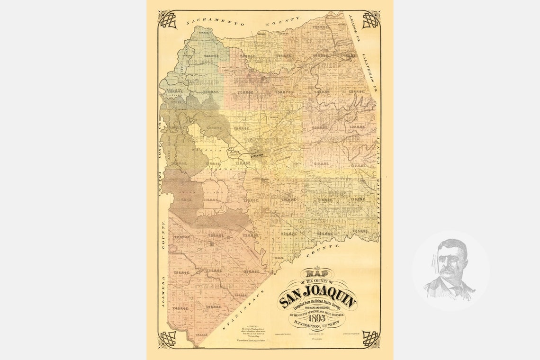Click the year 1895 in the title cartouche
tap(317, 319)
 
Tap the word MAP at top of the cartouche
tap(317, 274)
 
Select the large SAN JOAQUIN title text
tap(318, 293)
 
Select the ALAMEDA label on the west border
tap(163, 292)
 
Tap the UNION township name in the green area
tap(200, 62)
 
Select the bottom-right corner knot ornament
tap(370, 338)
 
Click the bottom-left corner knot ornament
tap(168, 338)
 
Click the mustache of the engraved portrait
tap(448, 272)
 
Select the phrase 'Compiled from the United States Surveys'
tap(318, 302)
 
